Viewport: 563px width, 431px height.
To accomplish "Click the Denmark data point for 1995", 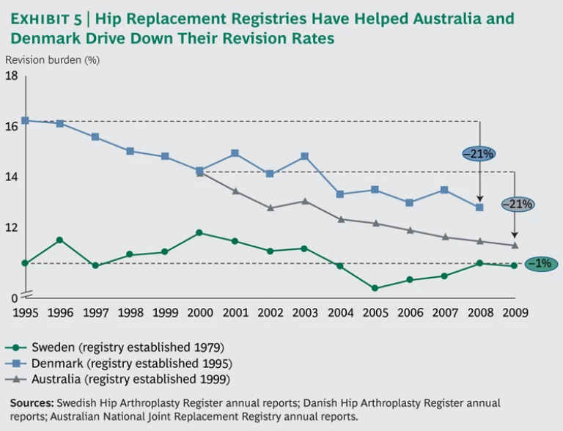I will click(x=25, y=120).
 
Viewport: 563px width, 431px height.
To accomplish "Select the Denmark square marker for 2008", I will click(x=479, y=207).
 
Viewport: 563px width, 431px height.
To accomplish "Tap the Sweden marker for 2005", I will click(x=375, y=288).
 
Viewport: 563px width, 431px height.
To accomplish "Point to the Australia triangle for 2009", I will click(x=515, y=246).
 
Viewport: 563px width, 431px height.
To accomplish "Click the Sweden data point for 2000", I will click(x=199, y=233).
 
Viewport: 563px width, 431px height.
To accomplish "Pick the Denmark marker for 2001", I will click(x=235, y=153).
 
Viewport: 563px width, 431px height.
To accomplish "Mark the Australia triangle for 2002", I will click(x=270, y=207).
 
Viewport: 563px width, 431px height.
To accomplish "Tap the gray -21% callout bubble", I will click(x=516, y=205).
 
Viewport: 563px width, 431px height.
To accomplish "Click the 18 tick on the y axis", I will click(x=12, y=75).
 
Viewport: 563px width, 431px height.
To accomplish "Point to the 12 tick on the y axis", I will click(x=12, y=228).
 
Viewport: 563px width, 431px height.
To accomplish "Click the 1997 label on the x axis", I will click(x=95, y=312).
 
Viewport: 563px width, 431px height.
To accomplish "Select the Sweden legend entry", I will click(x=117, y=347).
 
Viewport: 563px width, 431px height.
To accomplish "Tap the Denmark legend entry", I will click(x=121, y=363).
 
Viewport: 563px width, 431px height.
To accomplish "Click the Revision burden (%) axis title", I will click(x=52, y=59).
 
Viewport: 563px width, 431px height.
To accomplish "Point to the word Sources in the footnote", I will click(x=32, y=403).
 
